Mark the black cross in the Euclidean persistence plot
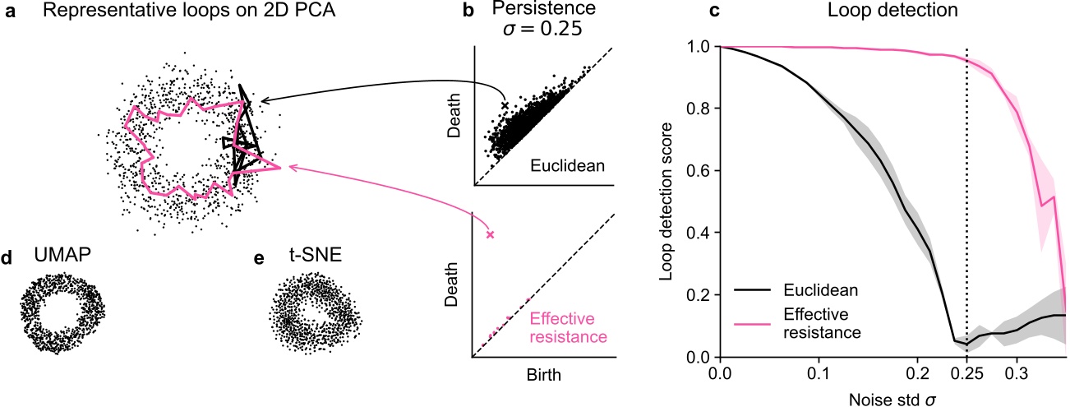click(x=505, y=106)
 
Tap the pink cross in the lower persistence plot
click(x=491, y=235)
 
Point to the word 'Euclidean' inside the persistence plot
click(x=569, y=166)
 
